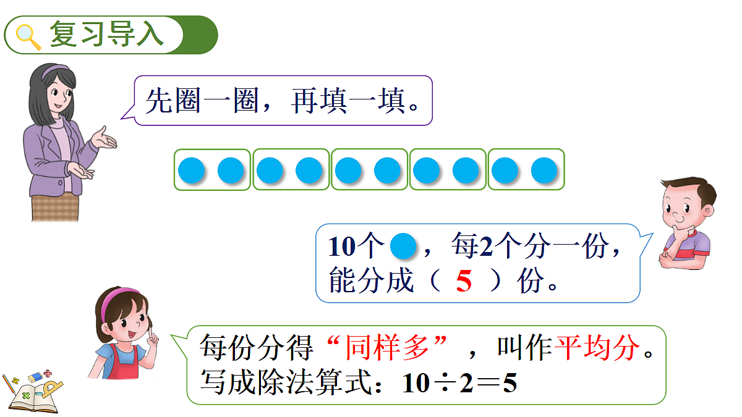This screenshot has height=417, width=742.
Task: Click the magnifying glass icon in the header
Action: tap(28, 36)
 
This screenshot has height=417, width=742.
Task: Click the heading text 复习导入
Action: tap(106, 34)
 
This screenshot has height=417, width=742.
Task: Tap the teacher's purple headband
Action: tap(54, 71)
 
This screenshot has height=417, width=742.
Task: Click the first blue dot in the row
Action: tap(192, 171)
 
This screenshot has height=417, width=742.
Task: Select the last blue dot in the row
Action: tap(544, 171)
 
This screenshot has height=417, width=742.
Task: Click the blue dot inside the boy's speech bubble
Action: tap(403, 246)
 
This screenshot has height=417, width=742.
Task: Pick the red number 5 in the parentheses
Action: tap(463, 281)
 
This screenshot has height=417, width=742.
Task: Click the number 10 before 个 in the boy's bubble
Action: tap(342, 247)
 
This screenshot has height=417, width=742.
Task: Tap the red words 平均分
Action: tap(597, 347)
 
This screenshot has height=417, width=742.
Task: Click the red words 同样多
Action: tap(387, 347)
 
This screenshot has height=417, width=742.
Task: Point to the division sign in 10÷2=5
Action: tap(445, 384)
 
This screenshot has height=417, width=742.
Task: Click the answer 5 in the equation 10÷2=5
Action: tap(510, 383)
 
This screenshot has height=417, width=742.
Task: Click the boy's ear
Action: tap(707, 211)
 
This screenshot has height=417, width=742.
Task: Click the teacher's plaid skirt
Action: tap(55, 207)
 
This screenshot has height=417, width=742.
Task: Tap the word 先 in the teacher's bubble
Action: tap(158, 101)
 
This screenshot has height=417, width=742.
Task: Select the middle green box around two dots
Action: tap(369, 150)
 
